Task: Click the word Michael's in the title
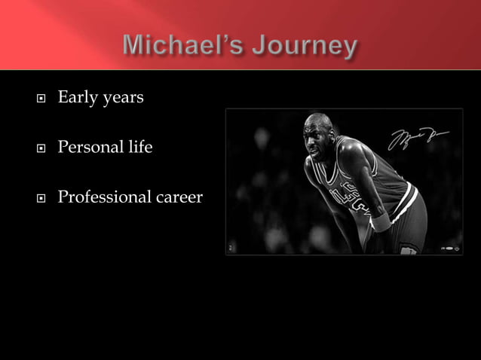tap(179, 46)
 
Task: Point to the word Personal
tap(89, 147)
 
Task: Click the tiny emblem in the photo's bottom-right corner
tap(451, 247)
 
